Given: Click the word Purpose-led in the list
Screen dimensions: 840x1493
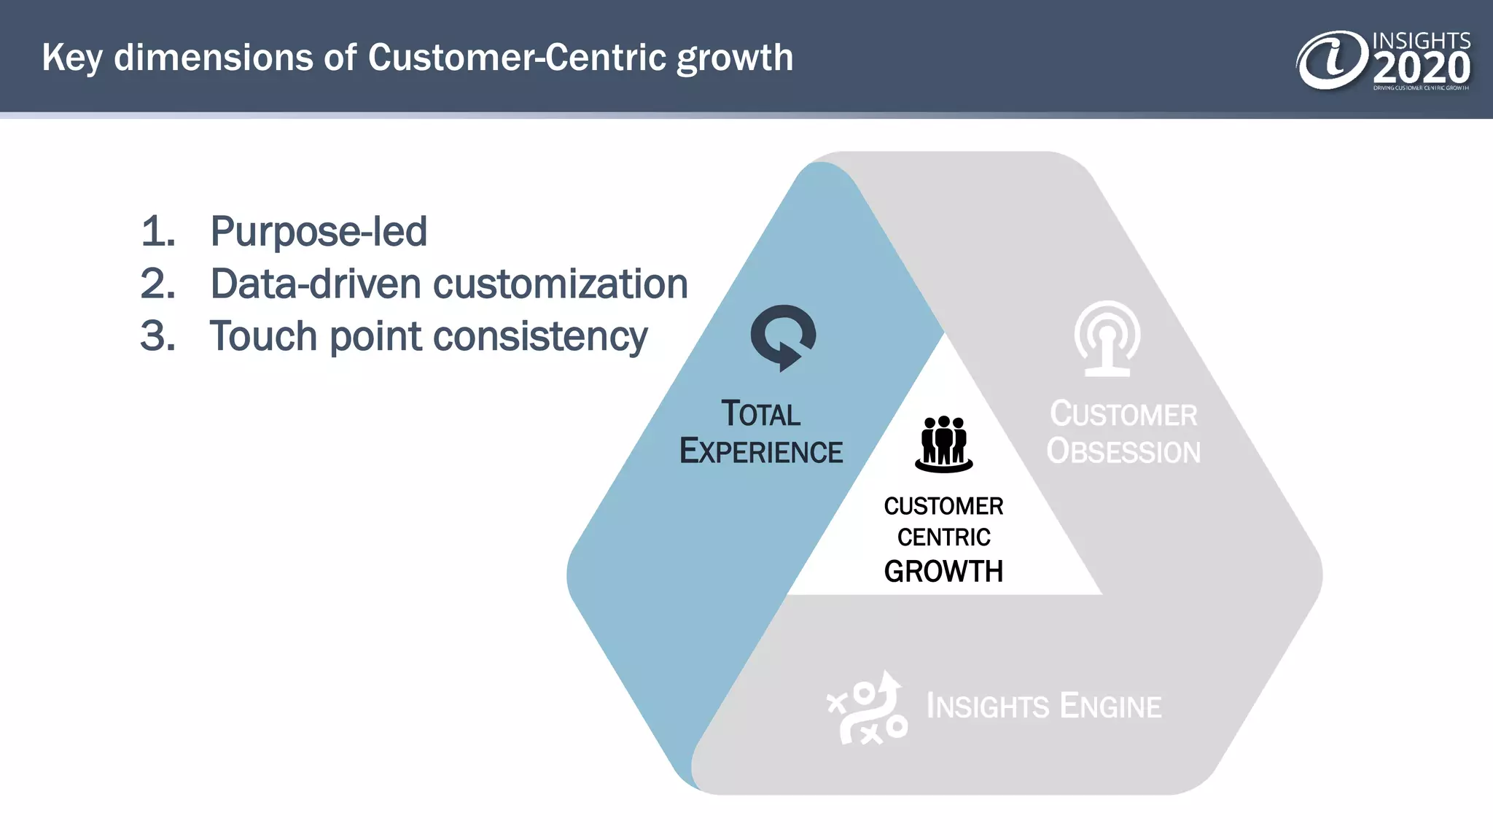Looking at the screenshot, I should tap(319, 232).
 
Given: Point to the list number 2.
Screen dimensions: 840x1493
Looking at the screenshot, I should tap(157, 284).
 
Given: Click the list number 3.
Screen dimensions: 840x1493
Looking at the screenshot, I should tap(157, 336).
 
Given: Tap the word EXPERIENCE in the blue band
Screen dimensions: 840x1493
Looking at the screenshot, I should tap(761, 451).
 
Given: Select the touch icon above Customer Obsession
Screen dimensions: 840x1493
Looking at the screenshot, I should tap(1107, 338).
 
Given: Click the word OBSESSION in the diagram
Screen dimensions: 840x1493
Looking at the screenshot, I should tap(1123, 451).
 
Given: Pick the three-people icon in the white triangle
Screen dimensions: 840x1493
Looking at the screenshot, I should tap(944, 443).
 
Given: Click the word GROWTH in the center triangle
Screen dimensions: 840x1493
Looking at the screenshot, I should tap(943, 572).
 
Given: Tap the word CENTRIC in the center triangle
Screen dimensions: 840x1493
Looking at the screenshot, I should tap(943, 537).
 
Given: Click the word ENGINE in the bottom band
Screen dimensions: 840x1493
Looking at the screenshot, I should tap(1110, 707).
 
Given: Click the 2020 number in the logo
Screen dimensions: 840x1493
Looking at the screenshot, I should tap(1422, 69).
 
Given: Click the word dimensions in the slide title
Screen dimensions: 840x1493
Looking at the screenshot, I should tap(235, 58).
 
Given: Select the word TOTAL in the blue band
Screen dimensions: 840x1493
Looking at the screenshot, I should tap(760, 413).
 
